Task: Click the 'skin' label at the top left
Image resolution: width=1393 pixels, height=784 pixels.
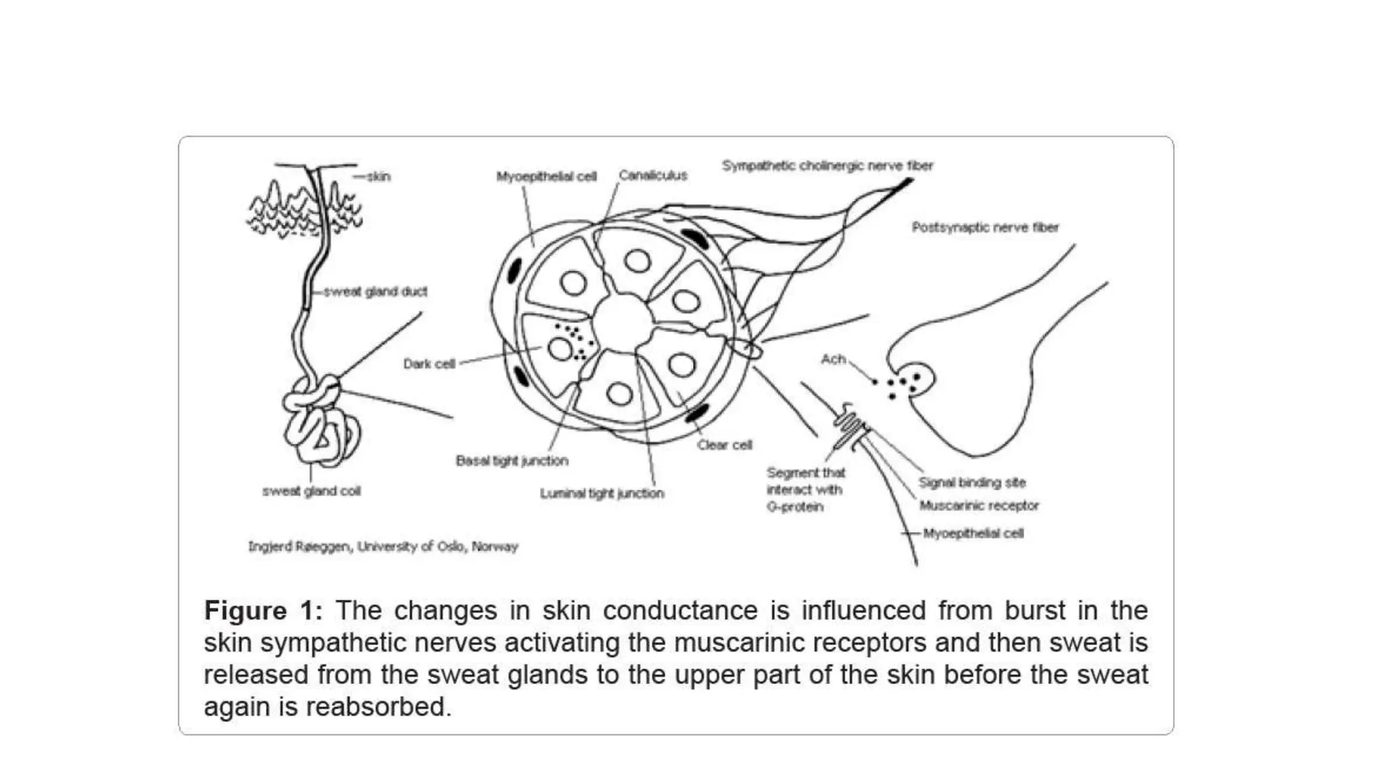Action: (379, 177)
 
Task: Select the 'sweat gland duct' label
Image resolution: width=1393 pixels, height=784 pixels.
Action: (375, 292)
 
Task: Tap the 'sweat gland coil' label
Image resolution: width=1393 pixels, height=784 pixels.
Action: (312, 491)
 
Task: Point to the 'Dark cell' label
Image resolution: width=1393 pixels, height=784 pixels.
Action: (429, 364)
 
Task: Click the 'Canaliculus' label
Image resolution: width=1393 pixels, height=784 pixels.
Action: (652, 176)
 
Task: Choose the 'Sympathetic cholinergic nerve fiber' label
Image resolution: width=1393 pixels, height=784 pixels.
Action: (827, 165)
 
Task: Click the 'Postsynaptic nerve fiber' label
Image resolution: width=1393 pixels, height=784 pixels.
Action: (985, 227)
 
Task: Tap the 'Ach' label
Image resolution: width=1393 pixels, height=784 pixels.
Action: (833, 359)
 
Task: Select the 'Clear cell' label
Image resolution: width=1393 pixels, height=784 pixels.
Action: (724, 445)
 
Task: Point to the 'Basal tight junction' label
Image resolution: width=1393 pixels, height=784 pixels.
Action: (511, 461)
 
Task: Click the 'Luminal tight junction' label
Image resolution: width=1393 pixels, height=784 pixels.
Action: (602, 493)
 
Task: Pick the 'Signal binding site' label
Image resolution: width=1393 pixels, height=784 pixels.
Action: (972, 483)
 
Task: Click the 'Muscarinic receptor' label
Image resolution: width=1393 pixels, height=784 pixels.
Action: (979, 506)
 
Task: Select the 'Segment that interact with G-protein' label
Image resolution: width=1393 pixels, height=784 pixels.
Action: (805, 489)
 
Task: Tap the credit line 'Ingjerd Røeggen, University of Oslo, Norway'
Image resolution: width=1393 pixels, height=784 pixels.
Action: (383, 546)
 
